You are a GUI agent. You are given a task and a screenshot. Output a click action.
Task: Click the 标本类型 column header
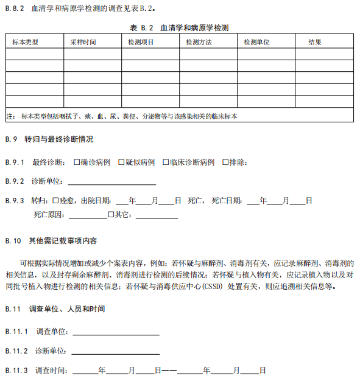26,42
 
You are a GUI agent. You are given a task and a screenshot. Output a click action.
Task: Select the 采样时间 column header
83,42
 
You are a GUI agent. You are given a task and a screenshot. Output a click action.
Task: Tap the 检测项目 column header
141,42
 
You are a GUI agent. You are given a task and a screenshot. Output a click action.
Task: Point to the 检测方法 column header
199,42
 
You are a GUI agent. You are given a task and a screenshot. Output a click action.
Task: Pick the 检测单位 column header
256,42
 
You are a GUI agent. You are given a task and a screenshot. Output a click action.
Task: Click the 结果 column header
315,42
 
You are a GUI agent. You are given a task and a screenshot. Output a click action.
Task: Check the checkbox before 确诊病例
76,162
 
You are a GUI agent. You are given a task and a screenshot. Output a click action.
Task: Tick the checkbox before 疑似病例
121,162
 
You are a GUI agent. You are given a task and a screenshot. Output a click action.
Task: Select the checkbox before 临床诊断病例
165,162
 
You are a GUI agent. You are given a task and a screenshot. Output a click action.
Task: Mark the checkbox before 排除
225,162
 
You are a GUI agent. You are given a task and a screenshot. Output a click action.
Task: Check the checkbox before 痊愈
55,200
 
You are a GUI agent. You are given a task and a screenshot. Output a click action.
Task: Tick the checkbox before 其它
110,215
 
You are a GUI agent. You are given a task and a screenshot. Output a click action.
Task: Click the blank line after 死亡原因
88,216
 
